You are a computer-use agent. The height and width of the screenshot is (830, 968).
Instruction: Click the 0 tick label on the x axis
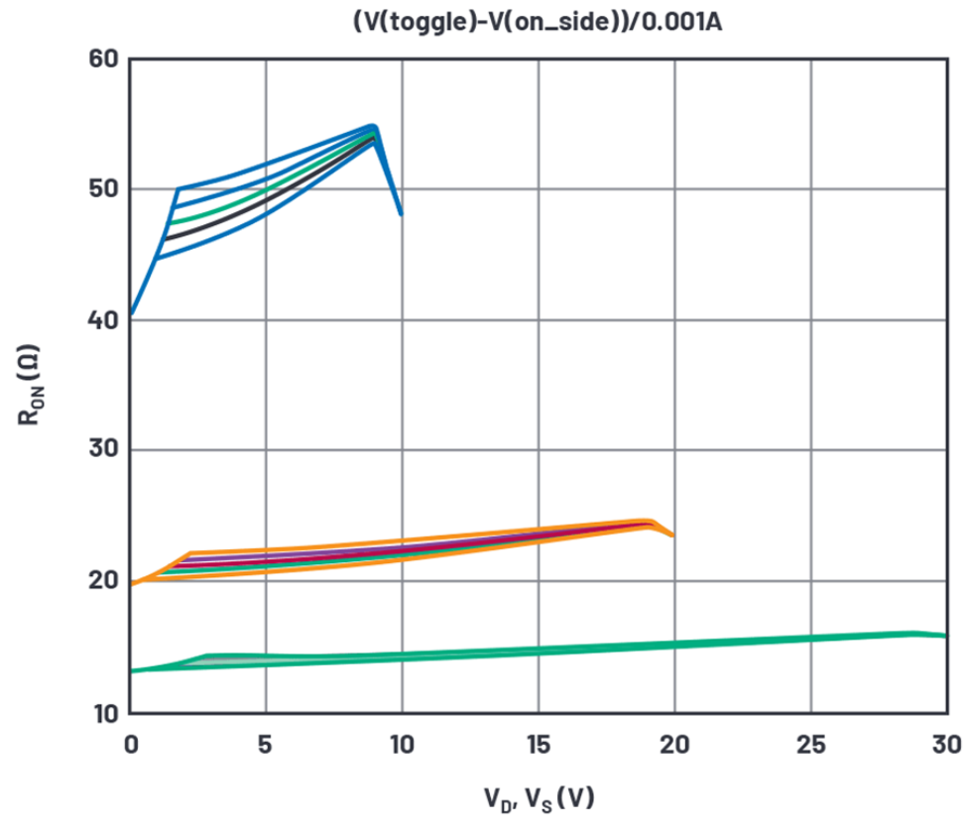pyautogui.click(x=130, y=743)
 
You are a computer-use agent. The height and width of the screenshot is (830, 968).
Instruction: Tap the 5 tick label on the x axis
pyautogui.click(x=266, y=743)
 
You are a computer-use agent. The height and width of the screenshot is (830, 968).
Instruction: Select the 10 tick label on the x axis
pyautogui.click(x=402, y=743)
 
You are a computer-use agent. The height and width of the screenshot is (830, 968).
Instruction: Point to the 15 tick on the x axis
pyautogui.click(x=538, y=743)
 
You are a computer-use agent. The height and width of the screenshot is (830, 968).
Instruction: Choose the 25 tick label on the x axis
pyautogui.click(x=810, y=743)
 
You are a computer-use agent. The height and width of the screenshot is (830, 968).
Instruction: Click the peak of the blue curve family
pyautogui.click(x=373, y=127)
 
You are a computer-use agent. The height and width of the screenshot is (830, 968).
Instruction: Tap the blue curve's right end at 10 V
pyautogui.click(x=401, y=213)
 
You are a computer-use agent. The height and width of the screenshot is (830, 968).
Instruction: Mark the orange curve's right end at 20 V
pyautogui.click(x=673, y=535)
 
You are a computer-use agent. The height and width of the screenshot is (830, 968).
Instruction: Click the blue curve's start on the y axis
pyautogui.click(x=131, y=314)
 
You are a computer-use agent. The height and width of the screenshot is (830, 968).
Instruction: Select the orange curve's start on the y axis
pyautogui.click(x=131, y=583)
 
